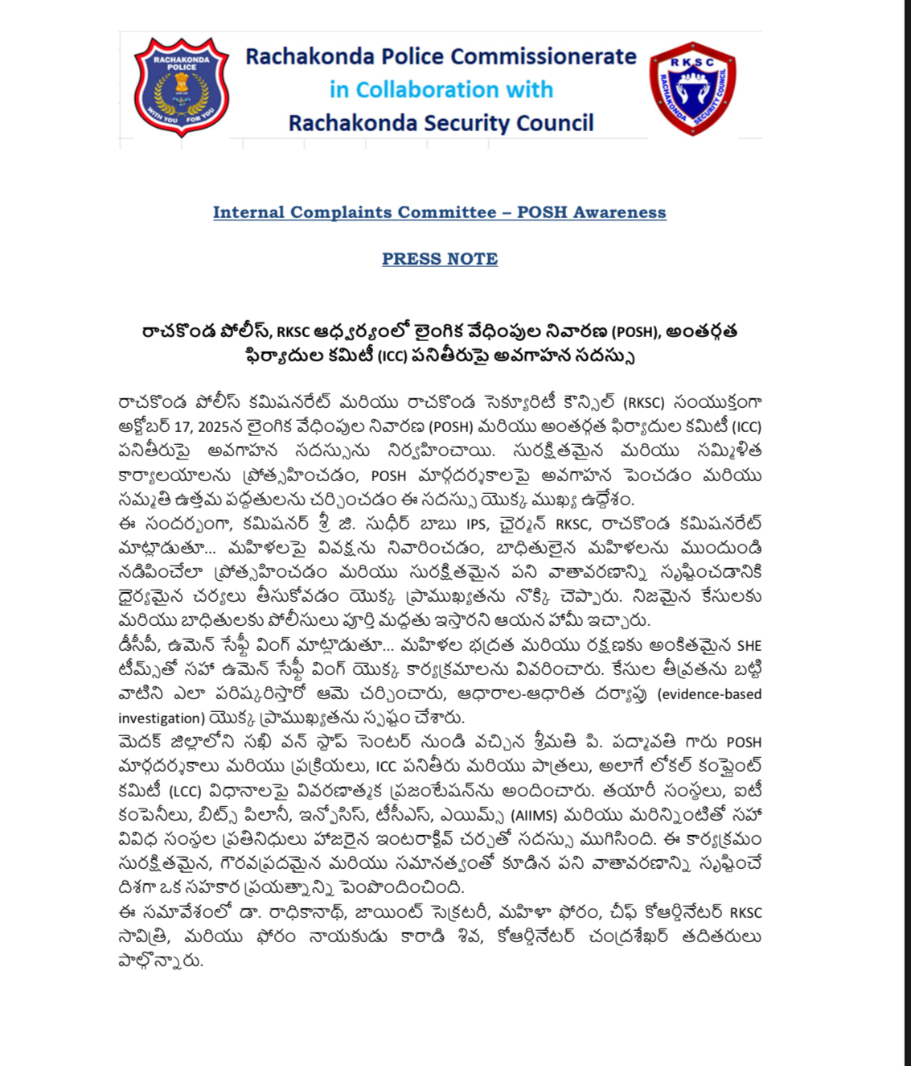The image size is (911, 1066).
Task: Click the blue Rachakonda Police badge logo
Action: [182, 87]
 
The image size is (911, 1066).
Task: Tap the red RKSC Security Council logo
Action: [691, 88]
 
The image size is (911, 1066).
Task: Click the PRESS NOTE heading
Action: [440, 259]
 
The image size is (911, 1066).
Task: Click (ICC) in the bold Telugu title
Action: [392, 356]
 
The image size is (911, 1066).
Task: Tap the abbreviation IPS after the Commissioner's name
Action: [477, 525]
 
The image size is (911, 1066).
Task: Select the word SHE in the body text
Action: [749, 646]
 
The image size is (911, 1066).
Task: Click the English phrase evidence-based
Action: [709, 694]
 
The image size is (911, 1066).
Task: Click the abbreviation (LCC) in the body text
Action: [185, 792]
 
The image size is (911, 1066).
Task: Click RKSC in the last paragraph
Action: [745, 913]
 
